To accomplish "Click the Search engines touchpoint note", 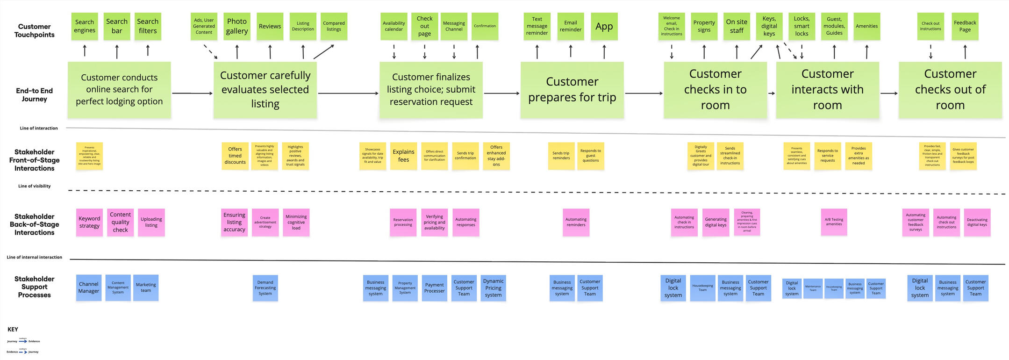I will coord(85,26).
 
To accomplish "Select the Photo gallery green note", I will coord(237,26).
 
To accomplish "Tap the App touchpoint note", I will coord(604,26).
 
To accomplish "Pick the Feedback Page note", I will coord(965,26).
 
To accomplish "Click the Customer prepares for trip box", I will coord(572,90).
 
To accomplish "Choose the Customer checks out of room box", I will coord(950,90).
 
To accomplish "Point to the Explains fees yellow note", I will coord(403,156).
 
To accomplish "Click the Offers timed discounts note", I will coord(235,156).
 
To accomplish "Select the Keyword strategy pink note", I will coord(89,222).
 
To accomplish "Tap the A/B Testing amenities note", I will coord(834,222).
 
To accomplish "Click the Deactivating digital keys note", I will coord(977,222).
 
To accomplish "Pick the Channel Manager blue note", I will coord(89,288).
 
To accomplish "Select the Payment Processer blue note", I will coord(434,288).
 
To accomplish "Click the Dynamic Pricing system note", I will coord(493,288).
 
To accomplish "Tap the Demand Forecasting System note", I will coord(265,288).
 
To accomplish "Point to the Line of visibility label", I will coord(34,186).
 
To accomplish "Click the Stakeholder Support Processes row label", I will coord(34,287).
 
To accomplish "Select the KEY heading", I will coord(13,329).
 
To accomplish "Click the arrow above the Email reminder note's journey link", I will coord(571,51).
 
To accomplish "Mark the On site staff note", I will coord(737,26).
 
